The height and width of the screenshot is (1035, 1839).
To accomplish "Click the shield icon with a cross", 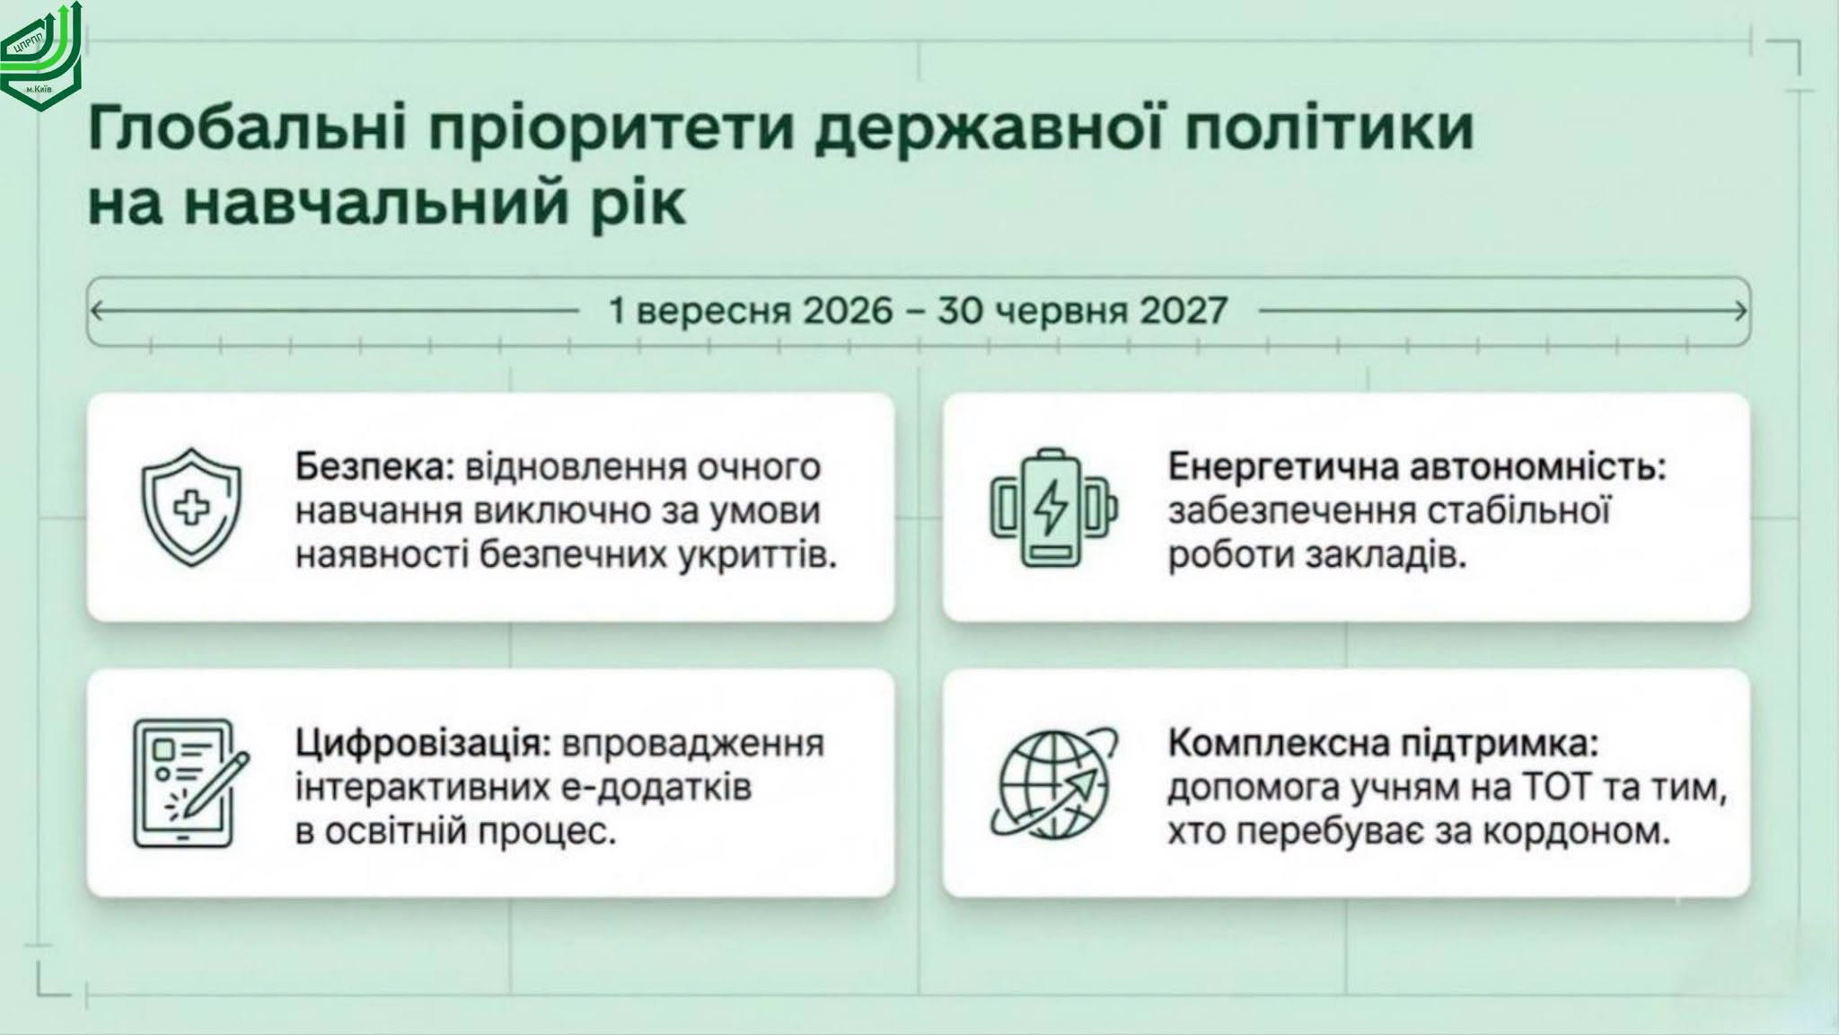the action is point(191,507).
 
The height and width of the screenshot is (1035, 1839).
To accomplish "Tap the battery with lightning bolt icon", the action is point(1054,508).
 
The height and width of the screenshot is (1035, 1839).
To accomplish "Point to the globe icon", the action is point(1054,783).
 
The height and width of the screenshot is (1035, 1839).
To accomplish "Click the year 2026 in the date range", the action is point(848,311).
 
